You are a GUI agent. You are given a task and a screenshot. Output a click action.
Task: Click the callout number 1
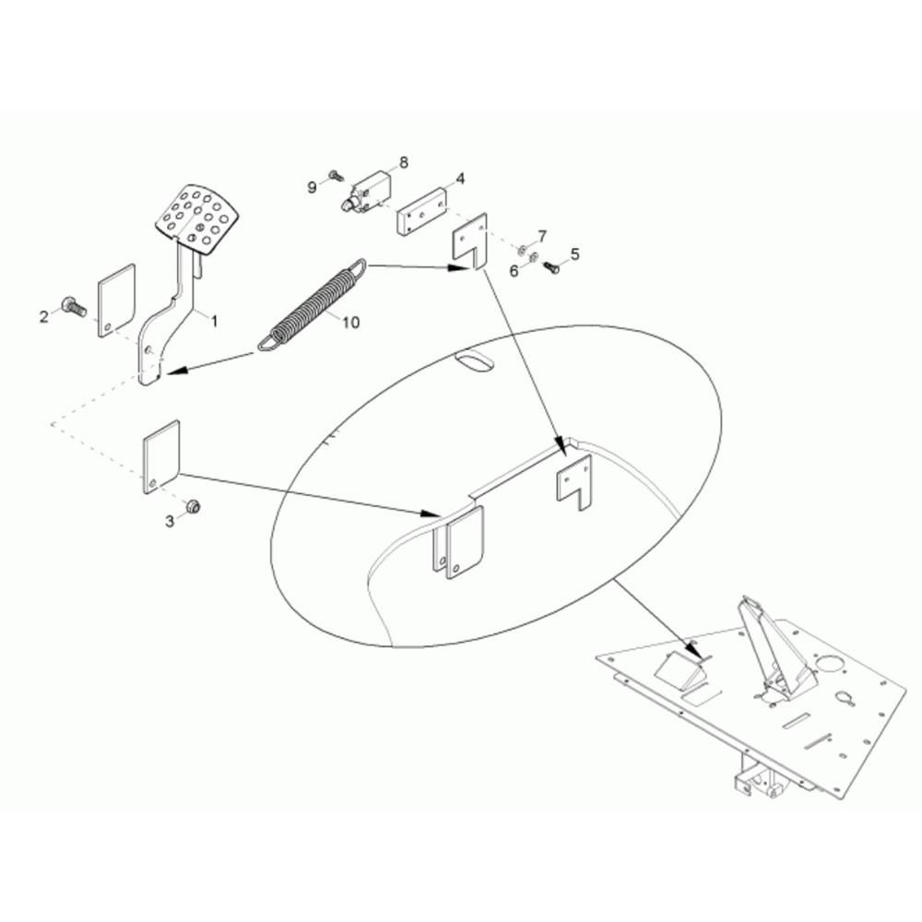pyautogui.click(x=215, y=321)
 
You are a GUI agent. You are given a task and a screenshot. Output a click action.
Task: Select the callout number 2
pyautogui.click(x=44, y=317)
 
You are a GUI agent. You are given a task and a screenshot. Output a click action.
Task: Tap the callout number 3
pyautogui.click(x=170, y=521)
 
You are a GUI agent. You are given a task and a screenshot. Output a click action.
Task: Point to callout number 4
pyautogui.click(x=460, y=178)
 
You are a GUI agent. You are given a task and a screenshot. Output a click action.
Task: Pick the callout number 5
pyautogui.click(x=575, y=254)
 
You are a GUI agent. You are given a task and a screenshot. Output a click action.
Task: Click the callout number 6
pyautogui.click(x=514, y=272)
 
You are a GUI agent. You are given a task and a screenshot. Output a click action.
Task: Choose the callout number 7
pyautogui.click(x=541, y=236)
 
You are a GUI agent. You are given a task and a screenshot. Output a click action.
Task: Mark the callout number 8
pyautogui.click(x=404, y=161)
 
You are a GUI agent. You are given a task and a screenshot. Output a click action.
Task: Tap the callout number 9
pyautogui.click(x=313, y=187)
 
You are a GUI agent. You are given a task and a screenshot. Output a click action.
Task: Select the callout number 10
pyautogui.click(x=350, y=322)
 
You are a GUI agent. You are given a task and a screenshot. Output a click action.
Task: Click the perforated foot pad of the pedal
pyautogui.click(x=197, y=219)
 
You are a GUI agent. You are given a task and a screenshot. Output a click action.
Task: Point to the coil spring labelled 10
pyautogui.click(x=313, y=305)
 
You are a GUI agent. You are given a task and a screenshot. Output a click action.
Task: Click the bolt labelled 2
pyautogui.click(x=73, y=306)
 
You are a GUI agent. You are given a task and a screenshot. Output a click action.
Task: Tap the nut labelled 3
pyautogui.click(x=193, y=505)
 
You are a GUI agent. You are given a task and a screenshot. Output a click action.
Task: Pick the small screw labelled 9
pyautogui.click(x=337, y=174)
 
